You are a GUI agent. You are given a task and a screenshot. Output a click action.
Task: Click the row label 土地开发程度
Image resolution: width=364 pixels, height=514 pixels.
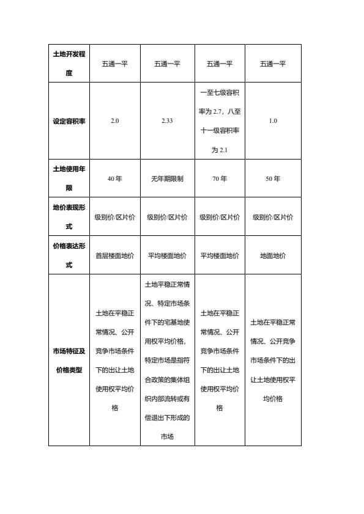69,64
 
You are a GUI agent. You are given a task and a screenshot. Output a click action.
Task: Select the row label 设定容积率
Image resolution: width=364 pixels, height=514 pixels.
69,121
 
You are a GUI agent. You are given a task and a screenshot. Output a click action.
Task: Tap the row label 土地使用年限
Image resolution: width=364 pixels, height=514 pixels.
69,178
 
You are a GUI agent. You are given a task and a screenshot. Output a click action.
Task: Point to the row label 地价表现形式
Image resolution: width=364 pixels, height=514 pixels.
69,217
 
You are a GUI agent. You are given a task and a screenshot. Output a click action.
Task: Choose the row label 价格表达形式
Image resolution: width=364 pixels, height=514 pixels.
69,255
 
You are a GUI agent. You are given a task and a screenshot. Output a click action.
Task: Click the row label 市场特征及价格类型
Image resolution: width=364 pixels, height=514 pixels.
69,360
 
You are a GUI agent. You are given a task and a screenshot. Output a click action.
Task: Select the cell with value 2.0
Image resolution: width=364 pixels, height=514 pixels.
115,121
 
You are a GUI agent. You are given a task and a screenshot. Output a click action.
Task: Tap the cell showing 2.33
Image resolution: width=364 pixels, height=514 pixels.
167,121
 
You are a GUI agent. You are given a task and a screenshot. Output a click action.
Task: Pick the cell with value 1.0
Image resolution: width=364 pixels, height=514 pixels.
273,121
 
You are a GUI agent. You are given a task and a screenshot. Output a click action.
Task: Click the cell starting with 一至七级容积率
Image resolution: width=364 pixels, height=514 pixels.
220,121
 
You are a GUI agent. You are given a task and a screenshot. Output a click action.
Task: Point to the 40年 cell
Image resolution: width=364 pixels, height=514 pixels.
115,179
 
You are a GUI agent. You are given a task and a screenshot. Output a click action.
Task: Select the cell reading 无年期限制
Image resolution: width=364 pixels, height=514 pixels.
167,179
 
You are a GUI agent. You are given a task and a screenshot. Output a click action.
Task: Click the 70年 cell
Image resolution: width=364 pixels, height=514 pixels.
220,179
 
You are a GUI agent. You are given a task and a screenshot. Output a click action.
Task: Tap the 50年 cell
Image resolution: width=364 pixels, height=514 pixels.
273,179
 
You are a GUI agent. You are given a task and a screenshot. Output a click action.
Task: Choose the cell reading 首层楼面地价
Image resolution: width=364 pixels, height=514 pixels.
115,256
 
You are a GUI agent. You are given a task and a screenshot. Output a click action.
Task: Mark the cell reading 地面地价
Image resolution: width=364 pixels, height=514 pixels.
273,256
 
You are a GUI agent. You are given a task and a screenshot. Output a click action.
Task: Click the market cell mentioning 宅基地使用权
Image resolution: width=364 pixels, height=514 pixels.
167,360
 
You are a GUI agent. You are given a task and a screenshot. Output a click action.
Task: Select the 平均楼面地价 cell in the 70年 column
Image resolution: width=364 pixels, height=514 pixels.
220,256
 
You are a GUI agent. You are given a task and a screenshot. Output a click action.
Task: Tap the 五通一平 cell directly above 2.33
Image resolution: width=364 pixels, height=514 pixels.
167,64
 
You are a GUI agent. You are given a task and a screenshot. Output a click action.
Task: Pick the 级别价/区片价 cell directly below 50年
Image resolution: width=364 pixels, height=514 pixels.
273,217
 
